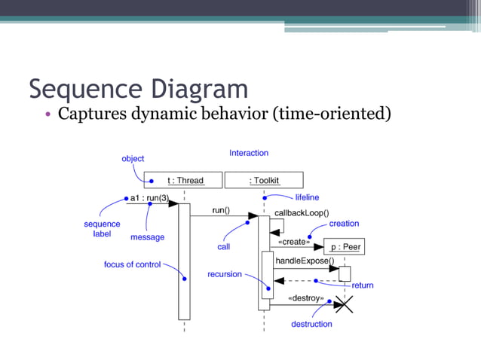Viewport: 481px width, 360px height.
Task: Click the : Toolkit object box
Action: tap(264, 180)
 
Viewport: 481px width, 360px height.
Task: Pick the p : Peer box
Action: tap(345, 247)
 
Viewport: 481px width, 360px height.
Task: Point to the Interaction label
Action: tap(249, 153)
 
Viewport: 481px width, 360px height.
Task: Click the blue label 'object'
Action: tap(133, 159)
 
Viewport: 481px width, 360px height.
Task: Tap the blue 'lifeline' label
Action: tap(307, 197)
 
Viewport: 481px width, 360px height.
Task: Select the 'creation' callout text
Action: tap(344, 224)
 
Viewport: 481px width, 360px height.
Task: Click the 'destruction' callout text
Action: tap(311, 324)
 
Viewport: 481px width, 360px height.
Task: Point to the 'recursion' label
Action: tap(225, 274)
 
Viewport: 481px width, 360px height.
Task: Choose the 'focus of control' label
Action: tap(132, 264)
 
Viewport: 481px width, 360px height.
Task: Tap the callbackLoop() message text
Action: tap(301, 213)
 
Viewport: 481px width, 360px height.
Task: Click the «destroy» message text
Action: tap(306, 298)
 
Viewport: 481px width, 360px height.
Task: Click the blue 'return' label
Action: tap(363, 285)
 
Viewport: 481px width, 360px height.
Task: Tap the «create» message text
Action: tap(294, 242)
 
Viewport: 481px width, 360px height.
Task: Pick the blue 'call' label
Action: tap(224, 246)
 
